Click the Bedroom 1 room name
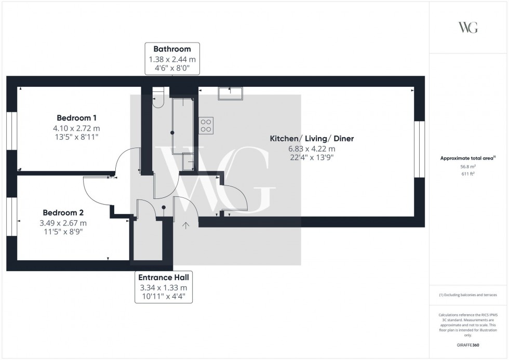pyautogui.click(x=77, y=117)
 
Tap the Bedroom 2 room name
pyautogui.click(x=63, y=212)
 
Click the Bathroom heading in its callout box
pyautogui.click(x=171, y=49)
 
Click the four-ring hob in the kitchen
pyautogui.click(x=206, y=125)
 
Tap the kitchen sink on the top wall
pyautogui.click(x=230, y=93)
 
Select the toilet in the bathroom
pyautogui.click(x=158, y=99)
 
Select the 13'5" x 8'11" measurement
pyautogui.click(x=77, y=137)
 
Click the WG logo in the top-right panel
pyautogui.click(x=468, y=28)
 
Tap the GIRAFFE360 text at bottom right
pyautogui.click(x=468, y=344)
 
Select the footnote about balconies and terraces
pyautogui.click(x=468, y=295)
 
